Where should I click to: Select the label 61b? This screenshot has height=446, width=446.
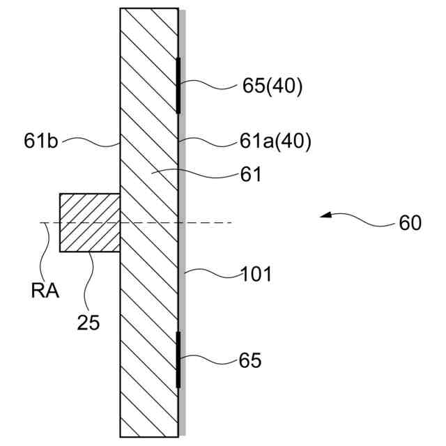(41, 144)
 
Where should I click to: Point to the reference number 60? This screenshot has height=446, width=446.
(410, 224)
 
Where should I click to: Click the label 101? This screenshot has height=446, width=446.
(256, 274)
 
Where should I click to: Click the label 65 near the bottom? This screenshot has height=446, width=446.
(249, 361)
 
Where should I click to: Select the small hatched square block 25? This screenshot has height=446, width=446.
(90, 223)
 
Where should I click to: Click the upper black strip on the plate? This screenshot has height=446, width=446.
(178, 86)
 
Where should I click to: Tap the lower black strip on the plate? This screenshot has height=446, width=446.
(178, 360)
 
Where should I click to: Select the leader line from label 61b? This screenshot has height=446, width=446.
(91, 143)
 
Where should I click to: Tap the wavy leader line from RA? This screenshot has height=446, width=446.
(46, 251)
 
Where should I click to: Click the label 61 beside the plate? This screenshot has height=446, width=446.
(249, 175)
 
